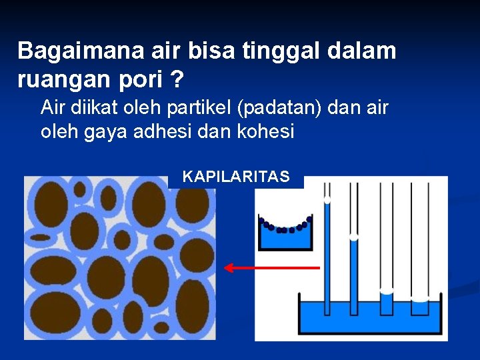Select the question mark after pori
click(x=177, y=79)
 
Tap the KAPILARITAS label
click(x=236, y=177)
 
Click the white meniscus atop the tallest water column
click(x=327, y=199)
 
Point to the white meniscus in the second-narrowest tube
click(x=354, y=237)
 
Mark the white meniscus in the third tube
click(x=386, y=291)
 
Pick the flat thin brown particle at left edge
click(x=41, y=237)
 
